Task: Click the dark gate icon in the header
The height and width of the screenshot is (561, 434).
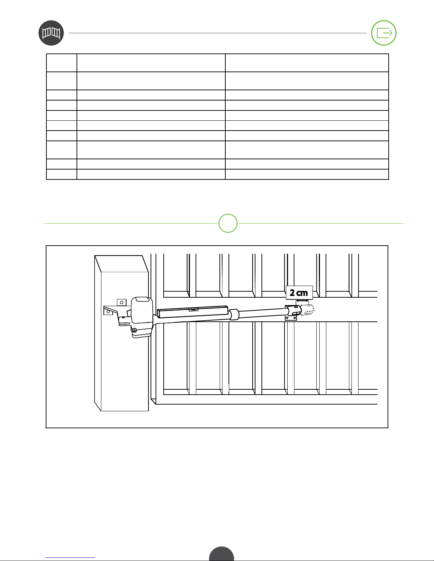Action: click(51, 33)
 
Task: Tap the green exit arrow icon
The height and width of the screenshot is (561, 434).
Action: click(384, 33)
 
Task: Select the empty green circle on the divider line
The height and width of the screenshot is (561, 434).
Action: click(228, 223)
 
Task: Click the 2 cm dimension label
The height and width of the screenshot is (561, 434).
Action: click(299, 293)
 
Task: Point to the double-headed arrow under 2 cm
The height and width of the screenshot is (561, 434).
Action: click(302, 301)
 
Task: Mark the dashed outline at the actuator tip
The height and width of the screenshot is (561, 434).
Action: click(308, 310)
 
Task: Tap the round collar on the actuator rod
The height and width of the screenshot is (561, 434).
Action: click(234, 315)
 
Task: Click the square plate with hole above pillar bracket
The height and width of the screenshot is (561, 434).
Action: click(122, 302)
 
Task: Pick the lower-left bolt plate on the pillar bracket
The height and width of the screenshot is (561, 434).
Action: click(108, 311)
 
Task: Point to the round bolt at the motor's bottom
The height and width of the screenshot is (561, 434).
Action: click(134, 331)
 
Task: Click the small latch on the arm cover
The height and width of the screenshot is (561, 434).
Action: click(193, 309)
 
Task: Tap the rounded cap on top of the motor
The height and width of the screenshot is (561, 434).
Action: click(142, 299)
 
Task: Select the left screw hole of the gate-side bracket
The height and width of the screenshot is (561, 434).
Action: click(287, 318)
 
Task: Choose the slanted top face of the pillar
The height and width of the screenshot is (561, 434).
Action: click(122, 264)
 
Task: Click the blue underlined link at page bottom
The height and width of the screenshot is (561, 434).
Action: click(70, 558)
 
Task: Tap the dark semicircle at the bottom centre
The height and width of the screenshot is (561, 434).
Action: click(221, 554)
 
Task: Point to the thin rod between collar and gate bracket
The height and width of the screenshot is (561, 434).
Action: click(262, 313)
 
